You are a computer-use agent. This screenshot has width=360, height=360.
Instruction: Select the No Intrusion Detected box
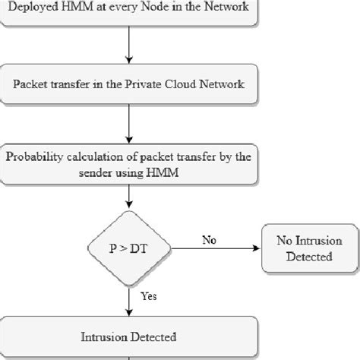pos(308,248)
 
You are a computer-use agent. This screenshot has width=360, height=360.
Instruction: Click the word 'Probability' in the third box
pos(34,158)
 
